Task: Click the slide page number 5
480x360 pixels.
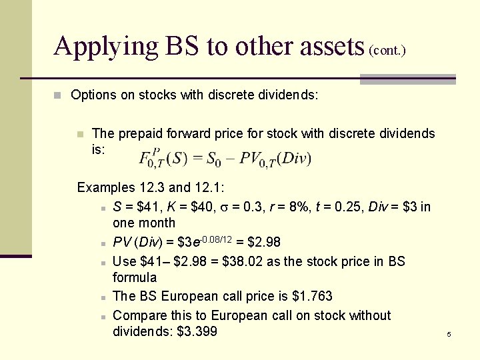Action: click(x=449, y=333)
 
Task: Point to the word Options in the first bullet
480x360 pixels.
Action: click(x=93, y=95)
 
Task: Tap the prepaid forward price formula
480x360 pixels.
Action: click(x=225, y=159)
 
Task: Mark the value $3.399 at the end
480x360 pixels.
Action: click(x=197, y=331)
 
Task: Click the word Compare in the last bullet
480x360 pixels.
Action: click(x=137, y=315)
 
